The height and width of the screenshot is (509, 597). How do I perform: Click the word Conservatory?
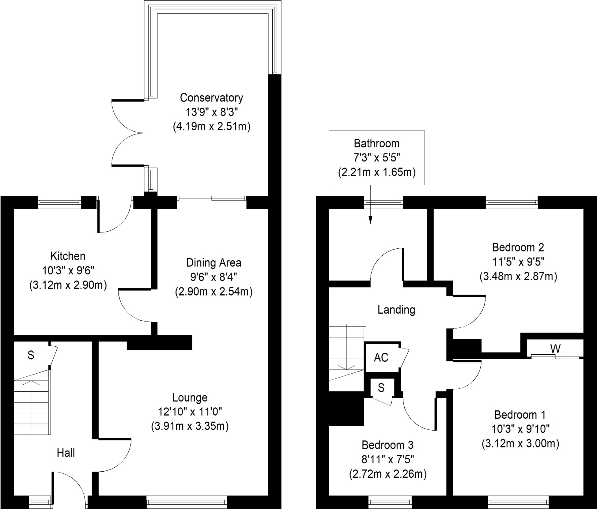pyautogui.click(x=211, y=98)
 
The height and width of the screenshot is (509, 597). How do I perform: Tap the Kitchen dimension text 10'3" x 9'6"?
pyautogui.click(x=68, y=271)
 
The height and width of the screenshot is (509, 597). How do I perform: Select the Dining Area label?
pyautogui.click(x=213, y=263)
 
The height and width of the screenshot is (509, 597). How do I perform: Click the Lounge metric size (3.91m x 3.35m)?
pyautogui.click(x=190, y=426)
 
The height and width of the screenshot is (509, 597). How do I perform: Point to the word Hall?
pyautogui.click(x=66, y=453)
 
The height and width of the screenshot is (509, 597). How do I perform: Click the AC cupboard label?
pyautogui.click(x=381, y=357)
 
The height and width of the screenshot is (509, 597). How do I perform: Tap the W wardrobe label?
pyautogui.click(x=555, y=349)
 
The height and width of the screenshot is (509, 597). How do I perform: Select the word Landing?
pyautogui.click(x=396, y=310)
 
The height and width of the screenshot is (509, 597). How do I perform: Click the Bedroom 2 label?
pyautogui.click(x=518, y=247)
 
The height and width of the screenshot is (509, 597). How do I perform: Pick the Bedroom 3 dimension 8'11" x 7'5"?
pyautogui.click(x=387, y=459)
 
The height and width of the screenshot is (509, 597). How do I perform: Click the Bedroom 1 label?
pyautogui.click(x=520, y=415)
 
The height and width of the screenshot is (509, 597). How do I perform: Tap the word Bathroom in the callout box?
pyautogui.click(x=376, y=143)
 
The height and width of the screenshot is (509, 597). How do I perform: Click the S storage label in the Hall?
pyautogui.click(x=31, y=355)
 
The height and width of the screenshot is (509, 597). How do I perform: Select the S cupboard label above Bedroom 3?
pyautogui.click(x=381, y=388)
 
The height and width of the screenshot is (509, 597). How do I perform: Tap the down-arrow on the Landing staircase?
pyautogui.click(x=347, y=367)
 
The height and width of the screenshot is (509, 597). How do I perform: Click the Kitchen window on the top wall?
pyautogui.click(x=59, y=202)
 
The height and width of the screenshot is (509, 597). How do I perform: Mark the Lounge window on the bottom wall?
pyautogui.click(x=187, y=502)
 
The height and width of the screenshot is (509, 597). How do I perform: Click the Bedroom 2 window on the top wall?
pyautogui.click(x=512, y=202)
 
